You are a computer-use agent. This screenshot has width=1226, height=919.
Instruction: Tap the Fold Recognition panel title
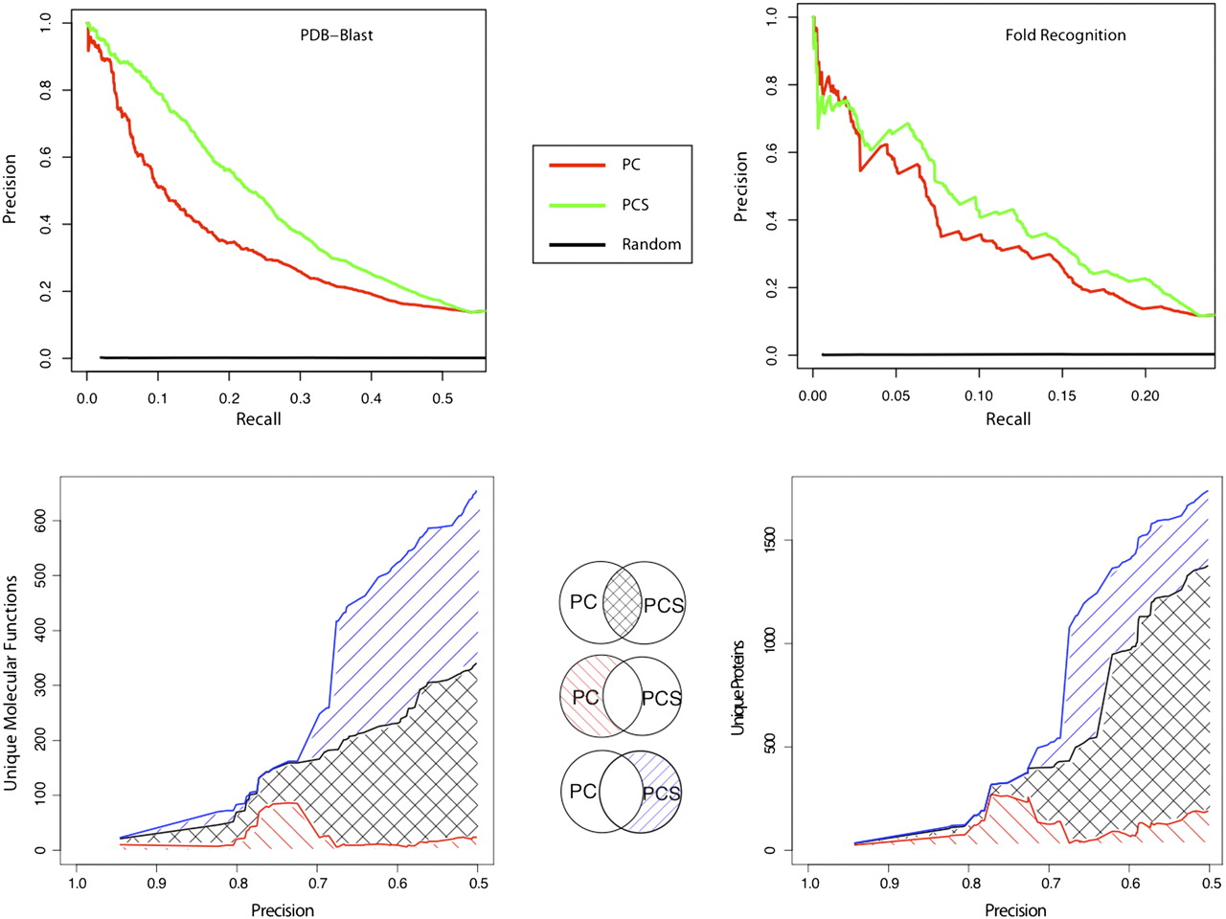(x=1065, y=35)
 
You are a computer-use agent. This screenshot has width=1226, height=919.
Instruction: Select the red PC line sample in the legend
(x=577, y=165)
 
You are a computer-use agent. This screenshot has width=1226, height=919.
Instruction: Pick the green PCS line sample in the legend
(x=577, y=205)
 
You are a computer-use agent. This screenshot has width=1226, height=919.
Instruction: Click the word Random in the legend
(x=651, y=244)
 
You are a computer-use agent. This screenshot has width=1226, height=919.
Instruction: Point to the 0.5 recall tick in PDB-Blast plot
(x=442, y=397)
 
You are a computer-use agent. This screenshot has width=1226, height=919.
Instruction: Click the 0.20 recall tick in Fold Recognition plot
(x=1145, y=395)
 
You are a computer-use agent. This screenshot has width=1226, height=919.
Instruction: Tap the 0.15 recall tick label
(x=1061, y=395)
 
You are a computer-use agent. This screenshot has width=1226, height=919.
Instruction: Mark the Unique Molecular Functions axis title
(x=11, y=684)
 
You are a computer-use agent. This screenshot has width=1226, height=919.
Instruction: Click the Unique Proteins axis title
(x=738, y=687)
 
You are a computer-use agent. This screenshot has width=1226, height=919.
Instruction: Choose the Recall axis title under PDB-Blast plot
(x=259, y=419)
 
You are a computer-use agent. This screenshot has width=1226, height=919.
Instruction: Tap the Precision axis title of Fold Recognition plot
(x=740, y=187)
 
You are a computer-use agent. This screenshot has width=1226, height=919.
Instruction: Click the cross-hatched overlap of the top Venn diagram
(x=623, y=603)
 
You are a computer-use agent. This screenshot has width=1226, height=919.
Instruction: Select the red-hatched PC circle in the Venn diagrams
(x=582, y=697)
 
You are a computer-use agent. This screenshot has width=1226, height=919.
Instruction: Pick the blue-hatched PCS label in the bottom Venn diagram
(x=661, y=794)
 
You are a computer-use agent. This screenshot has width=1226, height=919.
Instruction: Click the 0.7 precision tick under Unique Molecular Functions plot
(x=318, y=884)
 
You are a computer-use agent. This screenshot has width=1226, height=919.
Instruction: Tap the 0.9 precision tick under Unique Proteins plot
(x=889, y=884)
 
